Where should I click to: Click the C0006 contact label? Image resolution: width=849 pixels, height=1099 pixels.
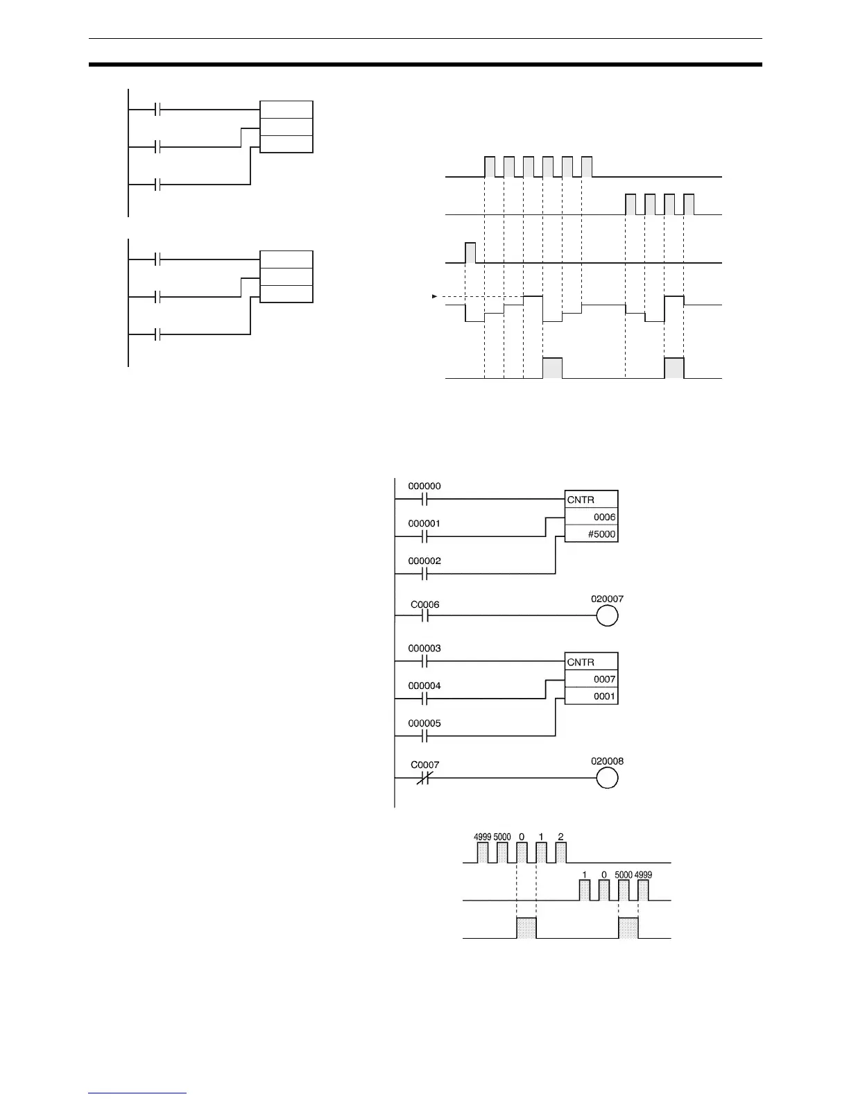[424, 604]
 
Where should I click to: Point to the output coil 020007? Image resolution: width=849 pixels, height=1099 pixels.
[607, 615]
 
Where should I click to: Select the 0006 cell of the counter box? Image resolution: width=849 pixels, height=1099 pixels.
[604, 517]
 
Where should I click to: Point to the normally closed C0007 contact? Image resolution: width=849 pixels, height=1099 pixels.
[424, 778]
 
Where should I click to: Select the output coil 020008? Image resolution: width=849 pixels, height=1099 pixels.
[607, 778]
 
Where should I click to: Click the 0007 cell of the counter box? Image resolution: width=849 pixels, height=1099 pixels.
[604, 679]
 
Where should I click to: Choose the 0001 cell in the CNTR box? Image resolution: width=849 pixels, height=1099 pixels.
[604, 697]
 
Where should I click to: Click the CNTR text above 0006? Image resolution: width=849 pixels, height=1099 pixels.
[581, 500]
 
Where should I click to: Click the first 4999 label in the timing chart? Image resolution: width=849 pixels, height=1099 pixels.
[483, 837]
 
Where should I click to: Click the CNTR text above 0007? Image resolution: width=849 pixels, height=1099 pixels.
[581, 663]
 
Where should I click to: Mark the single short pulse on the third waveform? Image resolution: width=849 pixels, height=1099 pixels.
[470, 253]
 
